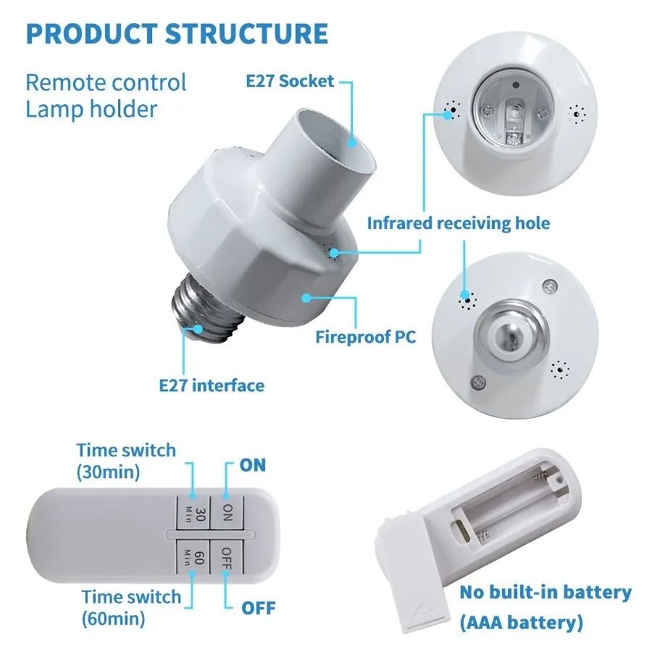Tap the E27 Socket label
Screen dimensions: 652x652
tap(289, 81)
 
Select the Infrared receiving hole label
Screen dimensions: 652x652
tap(458, 224)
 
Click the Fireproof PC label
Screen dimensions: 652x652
tap(365, 337)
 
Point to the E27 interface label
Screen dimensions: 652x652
tap(212, 385)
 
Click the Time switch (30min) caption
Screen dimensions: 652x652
tap(126, 460)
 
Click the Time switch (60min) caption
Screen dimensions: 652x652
tap(131, 606)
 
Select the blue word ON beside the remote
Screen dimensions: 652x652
tap(253, 465)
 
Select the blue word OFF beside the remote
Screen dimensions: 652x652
tap(258, 608)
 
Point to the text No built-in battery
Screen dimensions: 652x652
tap(545, 593)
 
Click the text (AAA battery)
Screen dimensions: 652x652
tap(521, 623)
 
